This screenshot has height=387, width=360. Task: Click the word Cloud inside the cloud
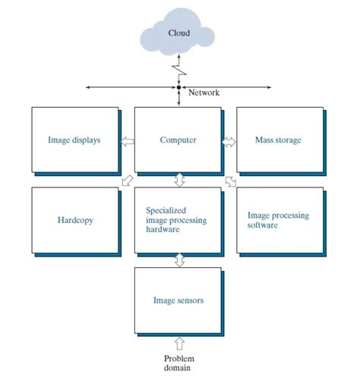[179, 33]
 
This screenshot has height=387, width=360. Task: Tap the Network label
[204, 93]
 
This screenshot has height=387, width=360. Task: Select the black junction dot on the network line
[178, 87]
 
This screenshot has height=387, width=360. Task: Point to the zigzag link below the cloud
[179, 70]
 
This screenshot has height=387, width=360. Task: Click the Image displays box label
[74, 140]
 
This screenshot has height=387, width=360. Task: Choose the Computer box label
[178, 140]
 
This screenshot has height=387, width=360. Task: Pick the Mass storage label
[278, 140]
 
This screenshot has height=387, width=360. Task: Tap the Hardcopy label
[75, 220]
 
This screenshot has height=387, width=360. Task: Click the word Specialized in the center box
[166, 210]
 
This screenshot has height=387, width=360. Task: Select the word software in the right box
[263, 225]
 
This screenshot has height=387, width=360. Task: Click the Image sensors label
[178, 300]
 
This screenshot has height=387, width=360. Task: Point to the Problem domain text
[179, 363]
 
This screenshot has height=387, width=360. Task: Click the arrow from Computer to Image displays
[128, 141]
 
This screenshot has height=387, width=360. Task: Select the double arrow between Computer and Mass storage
[229, 142]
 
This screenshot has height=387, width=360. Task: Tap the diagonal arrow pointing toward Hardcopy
[128, 181]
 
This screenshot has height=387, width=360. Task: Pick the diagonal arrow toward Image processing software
[231, 181]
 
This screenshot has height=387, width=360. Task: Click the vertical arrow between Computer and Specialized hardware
[179, 180]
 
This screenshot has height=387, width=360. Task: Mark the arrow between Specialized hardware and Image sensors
[179, 260]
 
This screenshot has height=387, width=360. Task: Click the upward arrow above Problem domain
[179, 344]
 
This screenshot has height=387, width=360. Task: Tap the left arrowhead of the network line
[88, 87]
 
